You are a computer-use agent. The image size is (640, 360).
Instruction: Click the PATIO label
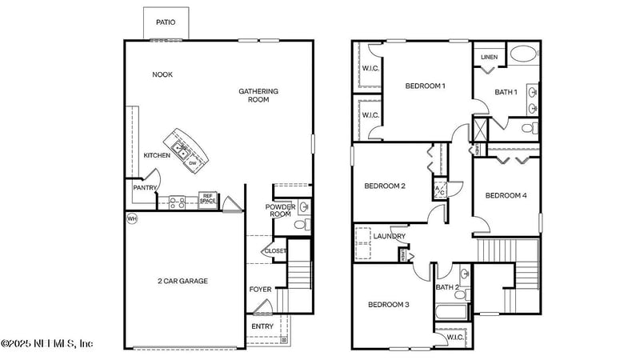coord(166,22)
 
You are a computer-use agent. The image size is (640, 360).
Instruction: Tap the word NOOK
coord(162,74)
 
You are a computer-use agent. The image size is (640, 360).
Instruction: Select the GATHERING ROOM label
coord(258,95)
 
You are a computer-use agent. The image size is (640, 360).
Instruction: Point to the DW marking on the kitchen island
coord(193,163)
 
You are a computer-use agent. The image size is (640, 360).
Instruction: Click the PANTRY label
coord(145,187)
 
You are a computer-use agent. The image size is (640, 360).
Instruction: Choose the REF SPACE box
coord(207,197)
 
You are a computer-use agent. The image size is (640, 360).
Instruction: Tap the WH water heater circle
coord(131,218)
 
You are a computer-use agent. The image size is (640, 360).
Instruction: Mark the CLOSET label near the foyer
coord(275,250)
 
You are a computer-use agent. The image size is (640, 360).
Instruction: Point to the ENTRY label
coord(262,326)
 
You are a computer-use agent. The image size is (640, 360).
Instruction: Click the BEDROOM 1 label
coord(425,86)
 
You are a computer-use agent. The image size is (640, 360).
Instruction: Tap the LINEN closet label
coord(488,58)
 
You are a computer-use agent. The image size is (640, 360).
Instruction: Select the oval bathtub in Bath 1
coord(524,54)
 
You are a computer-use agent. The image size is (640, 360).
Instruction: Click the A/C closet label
coord(439,190)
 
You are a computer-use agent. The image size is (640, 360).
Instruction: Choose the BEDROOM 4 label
coord(506,195)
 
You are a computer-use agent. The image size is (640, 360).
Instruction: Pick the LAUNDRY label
coord(389,236)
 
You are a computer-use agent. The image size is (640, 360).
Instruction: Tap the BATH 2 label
coord(446,287)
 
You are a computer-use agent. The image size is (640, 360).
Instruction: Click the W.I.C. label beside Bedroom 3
coord(455,337)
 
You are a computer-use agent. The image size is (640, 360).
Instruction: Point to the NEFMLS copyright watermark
coord(47,343)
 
